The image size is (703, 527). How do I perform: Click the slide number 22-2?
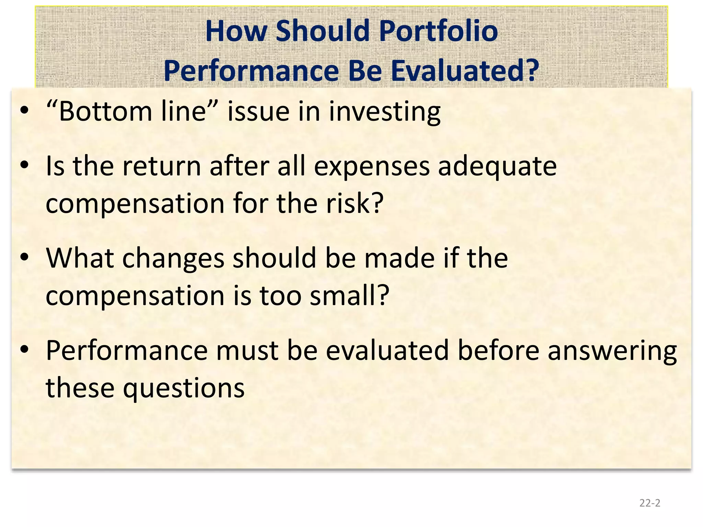(649, 503)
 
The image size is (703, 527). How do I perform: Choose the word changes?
(173, 259)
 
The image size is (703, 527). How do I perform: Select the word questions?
(184, 388)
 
